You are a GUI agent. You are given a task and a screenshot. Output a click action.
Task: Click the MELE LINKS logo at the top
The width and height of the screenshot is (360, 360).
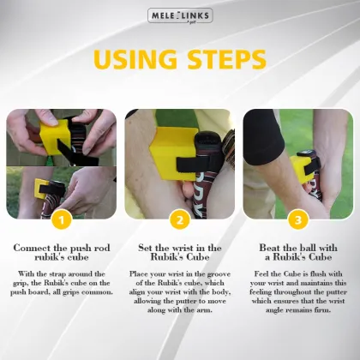[x=179, y=15]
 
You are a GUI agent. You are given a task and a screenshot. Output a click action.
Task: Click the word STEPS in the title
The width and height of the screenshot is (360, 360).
[x=225, y=61]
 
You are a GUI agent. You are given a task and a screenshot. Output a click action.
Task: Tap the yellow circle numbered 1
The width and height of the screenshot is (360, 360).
[x=60, y=219]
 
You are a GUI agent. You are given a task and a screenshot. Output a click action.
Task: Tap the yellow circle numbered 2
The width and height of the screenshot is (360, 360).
[x=179, y=219]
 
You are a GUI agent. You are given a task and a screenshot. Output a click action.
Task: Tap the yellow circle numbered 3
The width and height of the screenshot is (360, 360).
[x=298, y=219]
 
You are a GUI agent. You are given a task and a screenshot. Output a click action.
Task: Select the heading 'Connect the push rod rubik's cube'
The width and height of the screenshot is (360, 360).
[x=60, y=253]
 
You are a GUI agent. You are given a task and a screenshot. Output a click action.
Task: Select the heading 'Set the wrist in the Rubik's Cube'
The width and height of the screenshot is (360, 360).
[x=179, y=253]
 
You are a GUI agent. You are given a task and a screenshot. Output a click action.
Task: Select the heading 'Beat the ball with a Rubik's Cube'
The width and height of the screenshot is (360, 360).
[x=298, y=253]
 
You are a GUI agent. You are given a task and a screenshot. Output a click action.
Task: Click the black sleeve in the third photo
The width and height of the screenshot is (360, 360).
[x=266, y=137]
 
